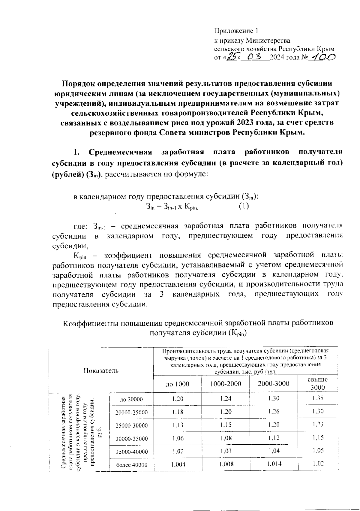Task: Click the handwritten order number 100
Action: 323,57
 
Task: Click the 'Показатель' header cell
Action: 101,370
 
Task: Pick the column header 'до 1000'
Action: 177,384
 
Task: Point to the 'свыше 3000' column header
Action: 318,383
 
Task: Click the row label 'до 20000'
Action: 131,399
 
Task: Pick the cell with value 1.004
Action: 178,464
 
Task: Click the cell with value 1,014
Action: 274,464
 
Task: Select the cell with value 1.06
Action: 178,438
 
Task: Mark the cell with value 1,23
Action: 318,424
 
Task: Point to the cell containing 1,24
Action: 226,399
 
